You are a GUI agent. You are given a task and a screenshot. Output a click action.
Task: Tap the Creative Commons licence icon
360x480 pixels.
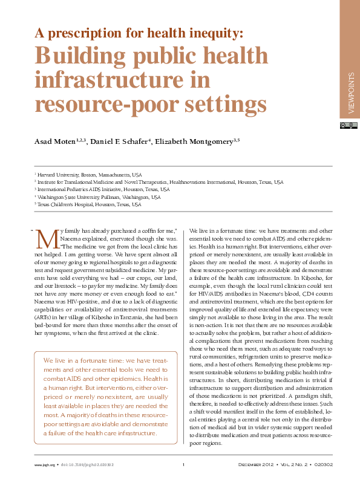(345, 125)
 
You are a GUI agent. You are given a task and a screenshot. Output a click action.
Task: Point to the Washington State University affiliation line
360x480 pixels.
(99, 197)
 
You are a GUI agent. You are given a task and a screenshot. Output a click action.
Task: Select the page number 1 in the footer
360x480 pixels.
(183, 464)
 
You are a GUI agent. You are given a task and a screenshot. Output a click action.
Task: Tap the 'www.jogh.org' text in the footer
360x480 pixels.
(42, 464)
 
